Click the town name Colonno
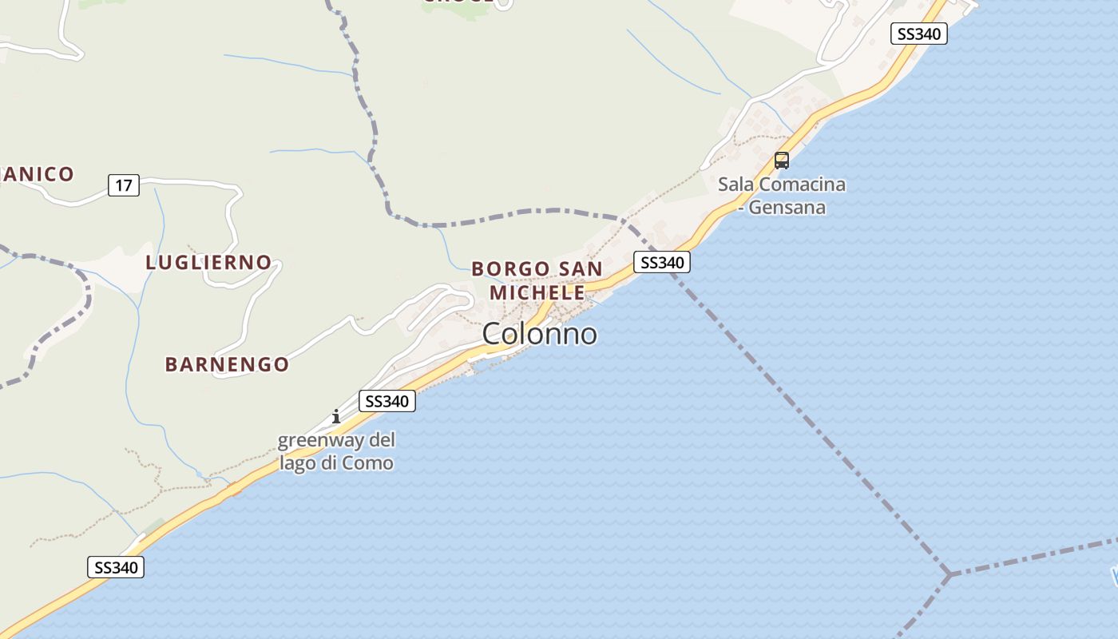point(539,334)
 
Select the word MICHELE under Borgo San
point(537,292)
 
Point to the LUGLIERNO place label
point(208,262)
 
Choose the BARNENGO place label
point(227,364)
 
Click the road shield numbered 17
point(123,186)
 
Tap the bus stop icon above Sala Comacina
point(782,160)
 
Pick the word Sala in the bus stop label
point(735,185)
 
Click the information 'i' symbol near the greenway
point(336,416)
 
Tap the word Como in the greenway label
point(368,462)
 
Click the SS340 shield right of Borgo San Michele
point(661,262)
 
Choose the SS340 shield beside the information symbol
point(387,401)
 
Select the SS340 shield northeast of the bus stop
point(918,34)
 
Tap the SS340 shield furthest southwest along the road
point(116,568)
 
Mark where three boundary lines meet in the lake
point(950,574)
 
